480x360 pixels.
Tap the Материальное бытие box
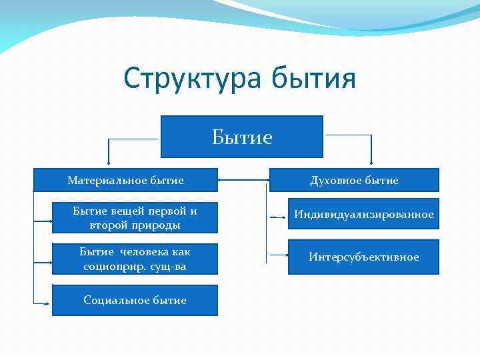[x=126, y=180]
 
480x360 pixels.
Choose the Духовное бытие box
[x=354, y=180]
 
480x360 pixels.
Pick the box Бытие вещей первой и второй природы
[x=135, y=218]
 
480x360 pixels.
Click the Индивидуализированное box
[x=364, y=214]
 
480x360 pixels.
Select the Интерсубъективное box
[x=364, y=257]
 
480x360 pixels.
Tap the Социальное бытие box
[x=135, y=300]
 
